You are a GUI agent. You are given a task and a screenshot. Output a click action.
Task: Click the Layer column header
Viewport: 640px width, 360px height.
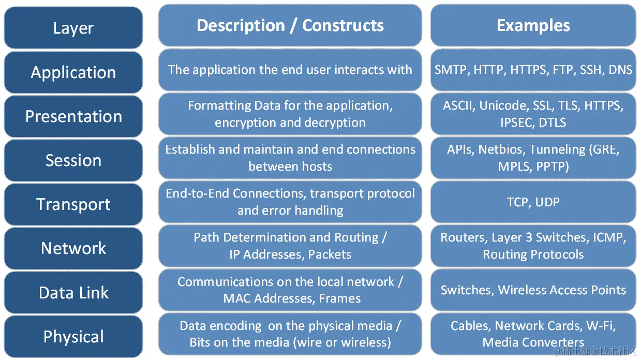[x=73, y=28]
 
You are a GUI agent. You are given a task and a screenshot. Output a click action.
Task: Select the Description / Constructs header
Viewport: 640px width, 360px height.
[x=290, y=25]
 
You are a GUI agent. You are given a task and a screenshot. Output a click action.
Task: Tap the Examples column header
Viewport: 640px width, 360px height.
[x=533, y=25]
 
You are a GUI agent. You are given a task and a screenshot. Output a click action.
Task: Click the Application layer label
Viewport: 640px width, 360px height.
[x=73, y=72]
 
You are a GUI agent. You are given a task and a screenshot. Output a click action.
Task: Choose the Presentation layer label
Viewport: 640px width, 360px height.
[x=73, y=116]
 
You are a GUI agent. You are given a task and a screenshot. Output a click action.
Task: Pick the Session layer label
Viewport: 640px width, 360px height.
[x=73, y=160]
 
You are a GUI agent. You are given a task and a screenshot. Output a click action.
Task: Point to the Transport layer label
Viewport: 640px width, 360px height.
[x=73, y=204]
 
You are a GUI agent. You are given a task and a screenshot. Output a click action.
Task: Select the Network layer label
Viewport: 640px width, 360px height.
[x=73, y=248]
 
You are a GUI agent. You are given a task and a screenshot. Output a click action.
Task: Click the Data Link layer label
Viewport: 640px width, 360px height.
[x=73, y=293]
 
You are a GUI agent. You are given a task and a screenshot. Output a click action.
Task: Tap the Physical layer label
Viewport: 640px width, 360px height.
[x=73, y=337]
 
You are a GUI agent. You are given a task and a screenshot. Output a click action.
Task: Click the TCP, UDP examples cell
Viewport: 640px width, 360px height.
[x=533, y=202]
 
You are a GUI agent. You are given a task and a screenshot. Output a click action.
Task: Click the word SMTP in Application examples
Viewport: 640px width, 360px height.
[x=450, y=70]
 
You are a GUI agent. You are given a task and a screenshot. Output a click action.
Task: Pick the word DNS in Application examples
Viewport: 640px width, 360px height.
[x=620, y=70]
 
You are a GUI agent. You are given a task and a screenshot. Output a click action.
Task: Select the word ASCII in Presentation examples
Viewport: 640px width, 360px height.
[x=458, y=106]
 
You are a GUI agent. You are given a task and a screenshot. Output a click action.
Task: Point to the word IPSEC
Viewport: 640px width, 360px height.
[x=513, y=123]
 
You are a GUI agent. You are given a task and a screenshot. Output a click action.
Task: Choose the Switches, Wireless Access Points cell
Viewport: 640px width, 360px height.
[x=533, y=290]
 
